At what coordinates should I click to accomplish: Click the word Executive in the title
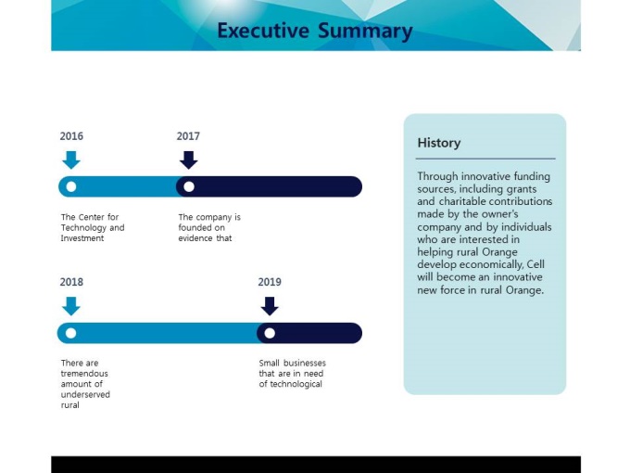(263, 31)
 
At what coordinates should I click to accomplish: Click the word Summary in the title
(365, 32)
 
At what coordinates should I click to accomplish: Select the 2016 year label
(71, 136)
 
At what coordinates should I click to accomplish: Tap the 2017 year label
(188, 136)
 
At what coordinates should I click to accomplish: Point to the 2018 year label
(71, 282)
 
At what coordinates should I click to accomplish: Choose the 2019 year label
(270, 282)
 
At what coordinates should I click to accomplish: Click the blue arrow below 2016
(71, 160)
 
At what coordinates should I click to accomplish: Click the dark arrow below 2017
(188, 160)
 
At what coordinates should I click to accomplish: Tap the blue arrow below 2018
(71, 306)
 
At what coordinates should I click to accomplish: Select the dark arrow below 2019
(270, 306)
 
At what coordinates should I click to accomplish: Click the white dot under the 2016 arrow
(71, 186)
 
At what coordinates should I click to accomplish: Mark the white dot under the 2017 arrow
(189, 186)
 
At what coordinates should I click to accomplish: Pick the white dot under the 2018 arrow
(70, 333)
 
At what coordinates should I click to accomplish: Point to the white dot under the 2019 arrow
(270, 333)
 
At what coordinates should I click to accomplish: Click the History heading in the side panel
(439, 143)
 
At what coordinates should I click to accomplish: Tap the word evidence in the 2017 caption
(195, 238)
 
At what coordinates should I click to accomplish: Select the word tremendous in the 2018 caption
(84, 374)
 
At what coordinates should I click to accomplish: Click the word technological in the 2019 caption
(296, 384)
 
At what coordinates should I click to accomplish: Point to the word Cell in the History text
(535, 264)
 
